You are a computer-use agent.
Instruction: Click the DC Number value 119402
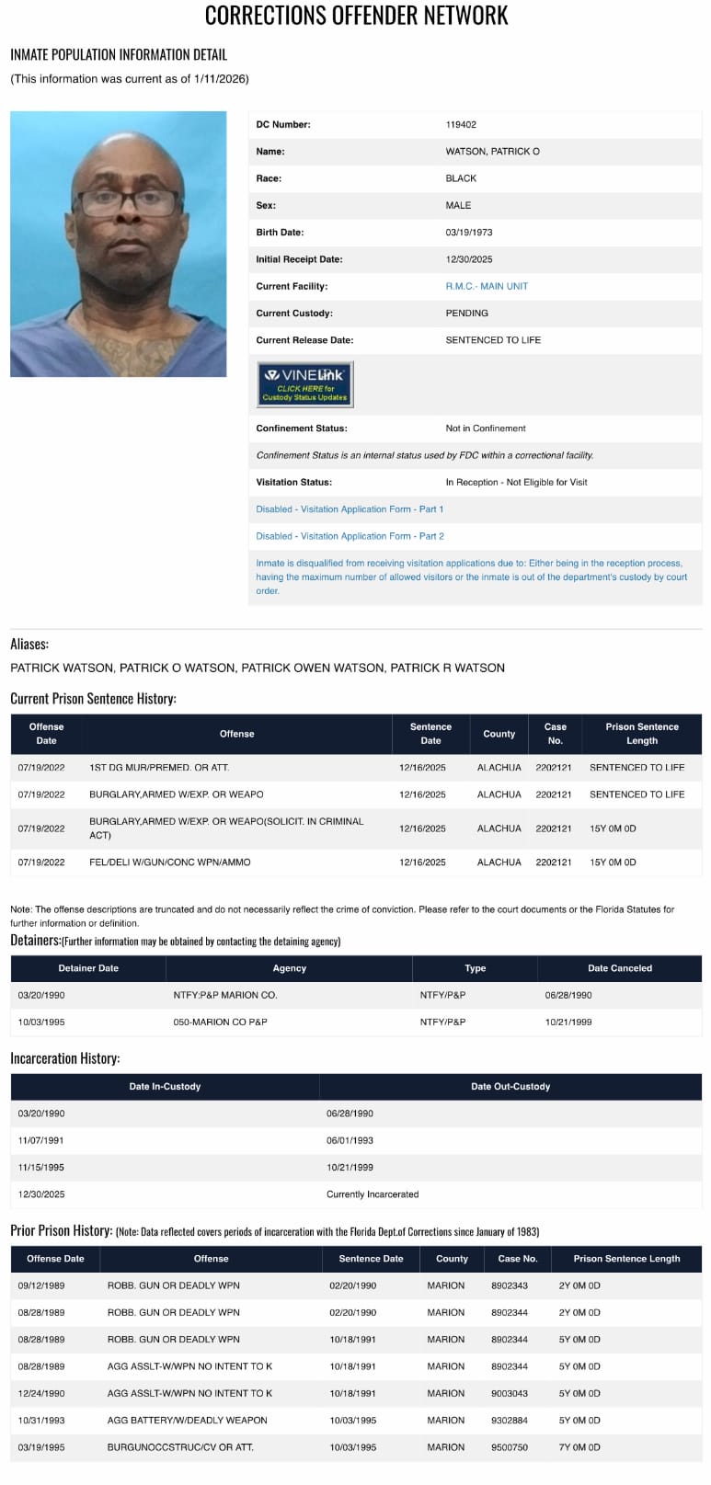(461, 125)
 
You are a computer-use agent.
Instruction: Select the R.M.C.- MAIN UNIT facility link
(487, 287)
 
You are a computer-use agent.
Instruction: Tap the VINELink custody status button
(304, 384)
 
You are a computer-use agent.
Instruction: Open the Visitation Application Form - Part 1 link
(350, 509)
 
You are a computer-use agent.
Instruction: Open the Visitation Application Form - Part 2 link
(350, 536)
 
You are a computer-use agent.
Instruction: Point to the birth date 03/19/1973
(469, 233)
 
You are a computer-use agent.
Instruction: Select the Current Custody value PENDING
(466, 314)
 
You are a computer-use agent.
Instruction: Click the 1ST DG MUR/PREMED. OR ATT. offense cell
(159, 768)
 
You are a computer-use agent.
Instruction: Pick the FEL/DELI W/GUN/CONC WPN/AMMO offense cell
(169, 862)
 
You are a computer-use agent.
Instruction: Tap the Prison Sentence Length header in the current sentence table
(641, 734)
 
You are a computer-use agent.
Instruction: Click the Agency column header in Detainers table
(289, 968)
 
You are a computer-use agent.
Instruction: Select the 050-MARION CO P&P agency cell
(220, 1022)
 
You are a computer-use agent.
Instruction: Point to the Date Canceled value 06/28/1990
(568, 996)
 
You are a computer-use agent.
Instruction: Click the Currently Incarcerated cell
(373, 1194)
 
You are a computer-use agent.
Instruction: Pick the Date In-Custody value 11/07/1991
(41, 1141)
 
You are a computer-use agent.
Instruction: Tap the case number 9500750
(509, 1447)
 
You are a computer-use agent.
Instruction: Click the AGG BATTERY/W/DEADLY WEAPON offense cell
(187, 1421)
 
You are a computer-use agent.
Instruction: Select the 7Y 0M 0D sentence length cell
(579, 1447)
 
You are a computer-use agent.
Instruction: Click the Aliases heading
(29, 645)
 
